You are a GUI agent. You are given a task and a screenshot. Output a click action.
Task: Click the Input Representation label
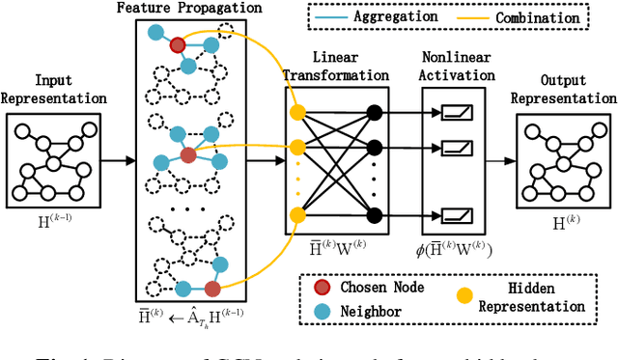pyautogui.click(x=52, y=90)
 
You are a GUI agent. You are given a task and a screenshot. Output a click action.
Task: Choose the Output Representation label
pyautogui.click(x=561, y=90)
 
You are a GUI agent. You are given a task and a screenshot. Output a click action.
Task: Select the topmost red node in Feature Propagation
pyautogui.click(x=177, y=44)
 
